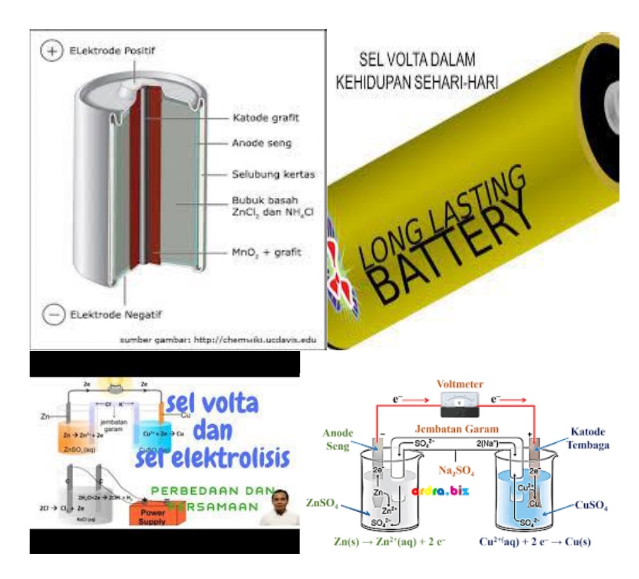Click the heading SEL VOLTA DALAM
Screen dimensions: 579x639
tap(418, 62)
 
